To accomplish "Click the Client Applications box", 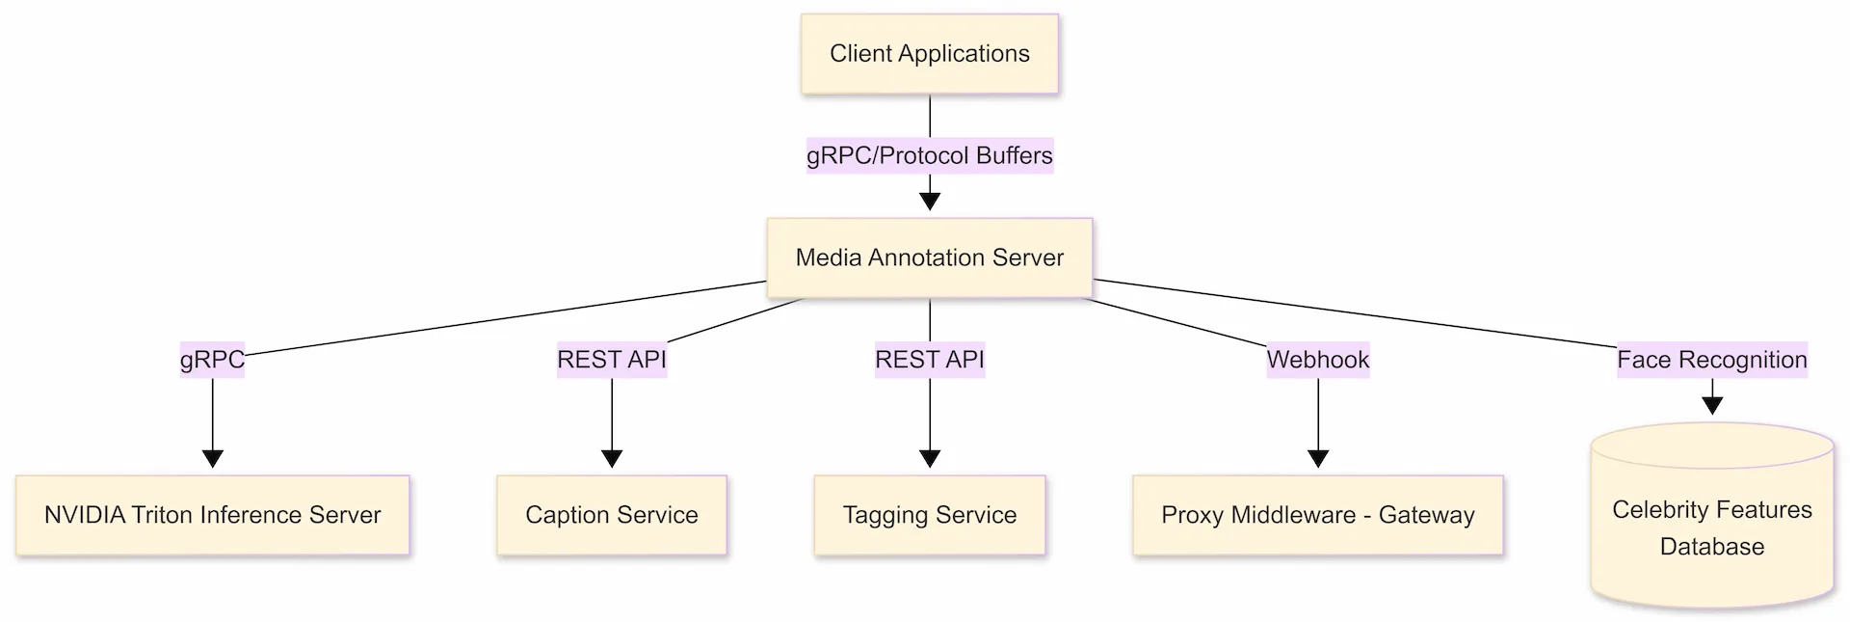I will click(929, 54).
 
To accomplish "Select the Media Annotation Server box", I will click(929, 257).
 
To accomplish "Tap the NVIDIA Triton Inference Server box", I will click(212, 515).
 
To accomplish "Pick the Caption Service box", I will click(611, 515).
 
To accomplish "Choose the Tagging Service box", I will click(929, 515).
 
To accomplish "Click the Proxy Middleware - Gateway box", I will click(1317, 515).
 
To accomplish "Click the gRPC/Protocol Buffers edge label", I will click(929, 155).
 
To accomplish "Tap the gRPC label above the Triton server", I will click(212, 360).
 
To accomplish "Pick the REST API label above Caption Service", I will click(611, 360).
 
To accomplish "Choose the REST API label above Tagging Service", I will click(929, 360).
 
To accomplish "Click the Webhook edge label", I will click(1317, 360).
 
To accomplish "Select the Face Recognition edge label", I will click(1711, 360).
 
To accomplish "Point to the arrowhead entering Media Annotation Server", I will click(929, 201).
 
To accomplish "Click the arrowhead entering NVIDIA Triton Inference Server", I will click(213, 458).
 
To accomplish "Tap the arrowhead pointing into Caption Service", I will click(612, 458).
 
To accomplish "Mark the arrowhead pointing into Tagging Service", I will click(930, 458).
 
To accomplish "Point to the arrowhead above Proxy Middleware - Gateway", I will click(1318, 458).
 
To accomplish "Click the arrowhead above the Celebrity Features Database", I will click(1712, 405).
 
